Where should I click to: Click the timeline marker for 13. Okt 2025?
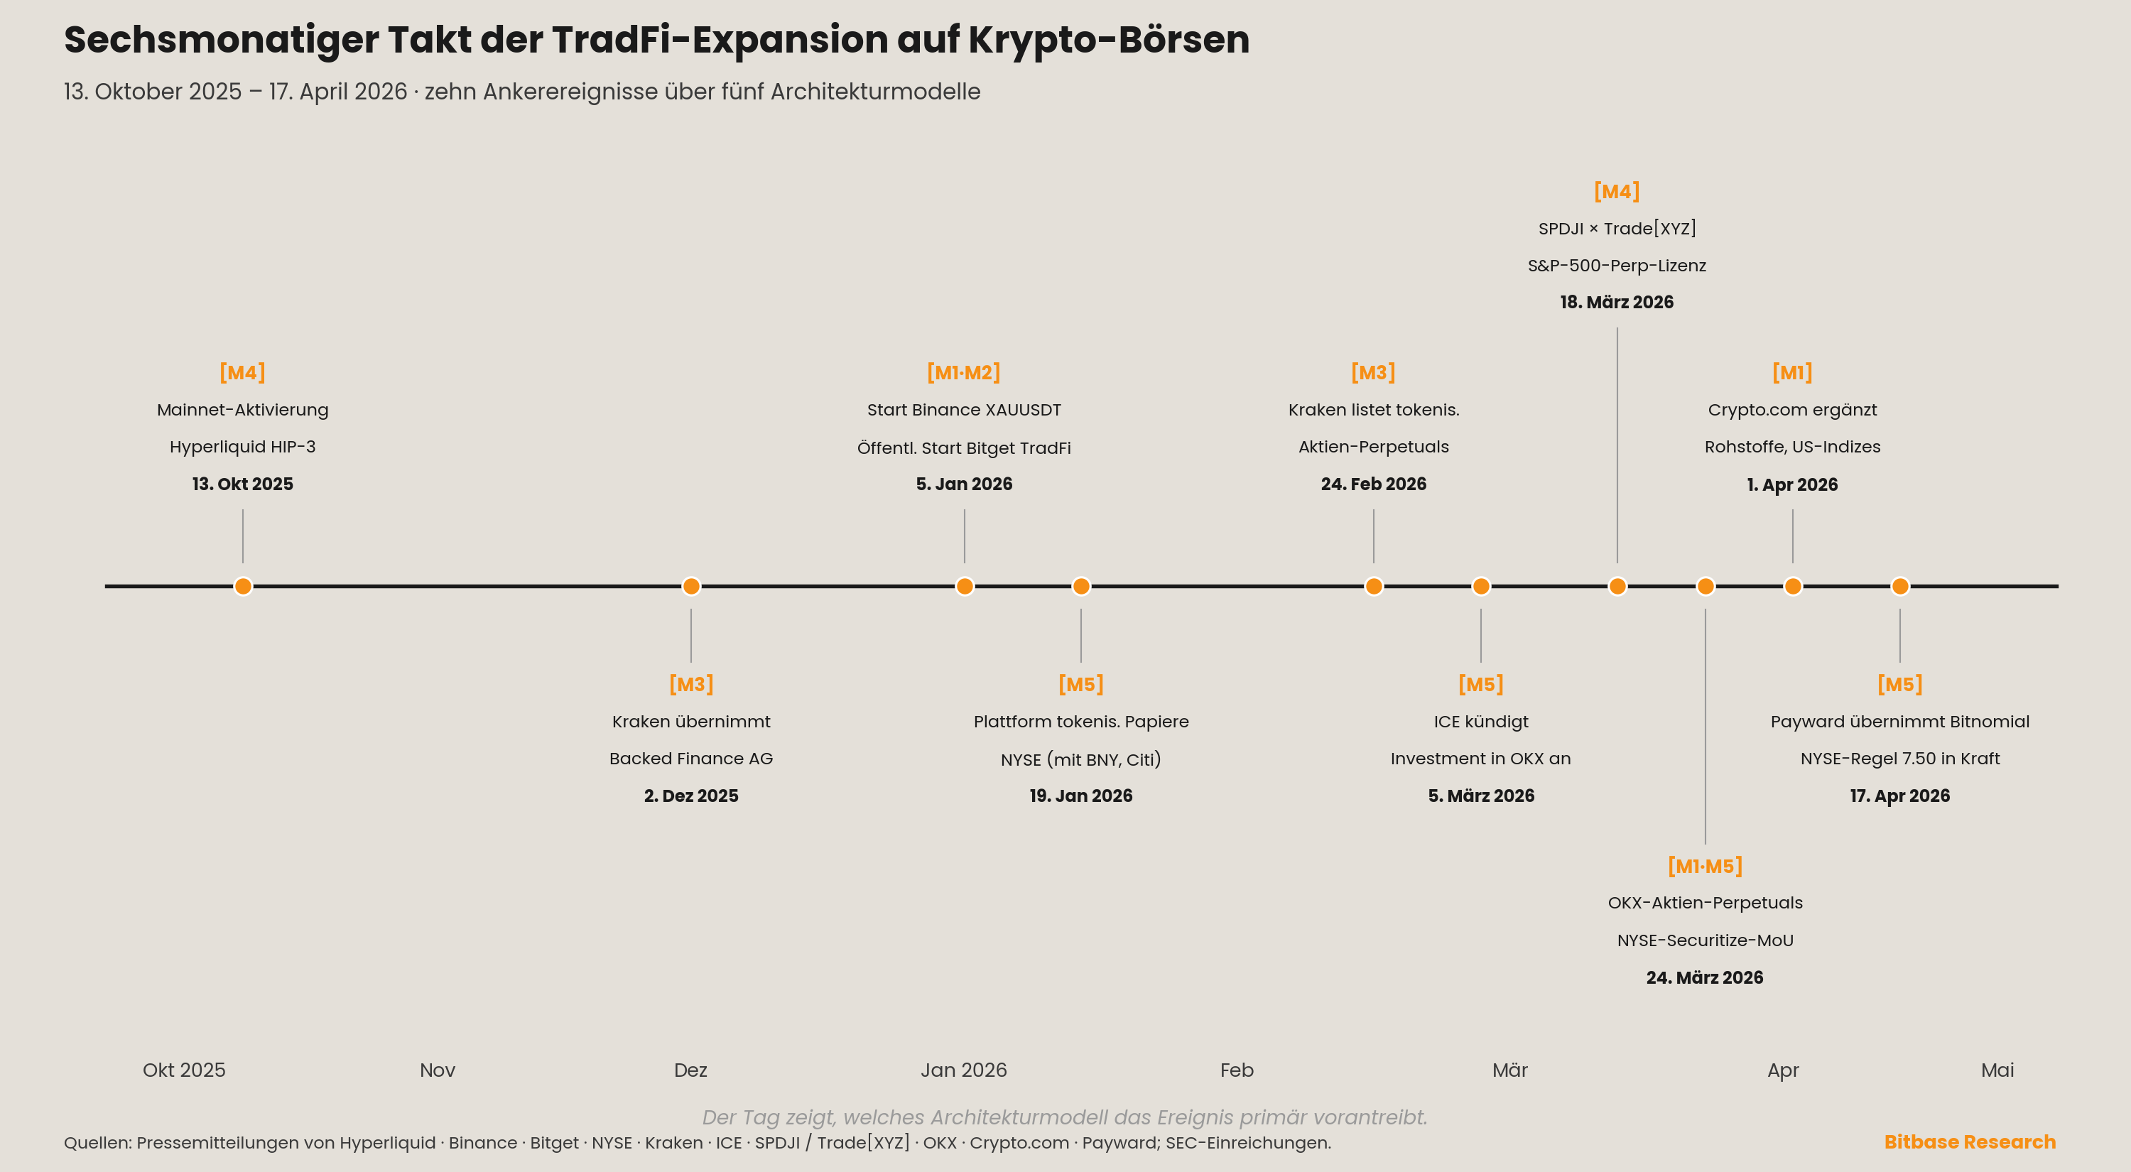[242, 587]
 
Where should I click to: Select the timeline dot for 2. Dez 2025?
[690, 587]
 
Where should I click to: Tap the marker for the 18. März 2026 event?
[1617, 587]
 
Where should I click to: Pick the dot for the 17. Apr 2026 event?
[1900, 587]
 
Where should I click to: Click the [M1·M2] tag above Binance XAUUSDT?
[964, 372]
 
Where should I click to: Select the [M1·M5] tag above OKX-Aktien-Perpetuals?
[1705, 866]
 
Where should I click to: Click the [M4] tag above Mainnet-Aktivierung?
[242, 372]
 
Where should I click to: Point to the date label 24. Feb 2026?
[1373, 484]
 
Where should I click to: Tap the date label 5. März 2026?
[1481, 796]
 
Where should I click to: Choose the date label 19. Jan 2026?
[1080, 796]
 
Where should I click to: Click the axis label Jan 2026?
[964, 1070]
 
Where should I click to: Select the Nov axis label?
[438, 1070]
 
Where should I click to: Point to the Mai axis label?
[1997, 1070]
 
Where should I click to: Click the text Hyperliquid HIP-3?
[242, 447]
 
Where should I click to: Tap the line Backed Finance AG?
[690, 759]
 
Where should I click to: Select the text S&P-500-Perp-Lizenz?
[1617, 266]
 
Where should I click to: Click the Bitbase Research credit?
[1970, 1142]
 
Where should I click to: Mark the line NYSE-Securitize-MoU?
[1705, 940]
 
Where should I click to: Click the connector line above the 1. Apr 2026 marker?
[1793, 536]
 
